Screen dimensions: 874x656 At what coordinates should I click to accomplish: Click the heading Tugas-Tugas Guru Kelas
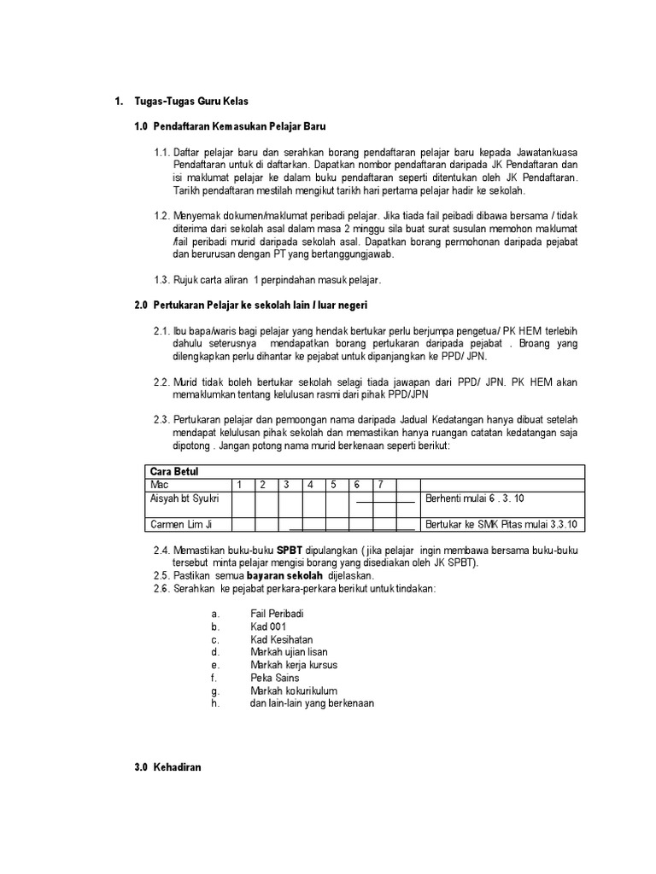point(190,102)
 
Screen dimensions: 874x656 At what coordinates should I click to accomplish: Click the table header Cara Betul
point(173,470)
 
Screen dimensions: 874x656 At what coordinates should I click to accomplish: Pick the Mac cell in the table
point(158,484)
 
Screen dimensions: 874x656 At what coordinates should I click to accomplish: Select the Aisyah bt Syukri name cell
point(184,498)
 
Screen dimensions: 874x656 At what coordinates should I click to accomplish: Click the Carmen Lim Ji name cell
point(179,524)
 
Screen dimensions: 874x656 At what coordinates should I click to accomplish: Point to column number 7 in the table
point(380,484)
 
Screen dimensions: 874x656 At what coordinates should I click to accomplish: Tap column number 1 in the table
point(240,484)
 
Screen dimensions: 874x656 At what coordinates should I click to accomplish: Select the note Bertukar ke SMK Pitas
point(501,524)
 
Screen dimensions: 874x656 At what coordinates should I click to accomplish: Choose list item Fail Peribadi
point(277,614)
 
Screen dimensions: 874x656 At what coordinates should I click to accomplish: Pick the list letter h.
point(214,703)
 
